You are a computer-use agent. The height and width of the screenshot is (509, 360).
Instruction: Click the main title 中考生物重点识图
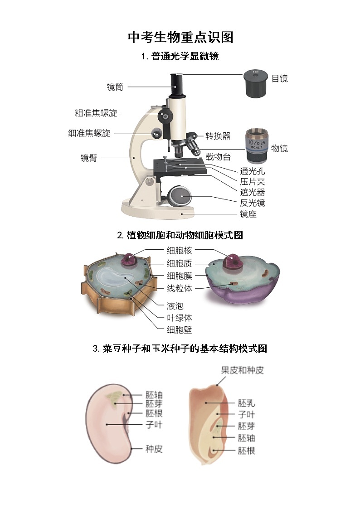(x=180, y=37)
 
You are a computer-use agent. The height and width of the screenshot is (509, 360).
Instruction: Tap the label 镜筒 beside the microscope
(x=115, y=87)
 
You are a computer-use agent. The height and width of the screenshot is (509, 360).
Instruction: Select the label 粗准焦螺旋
(x=96, y=113)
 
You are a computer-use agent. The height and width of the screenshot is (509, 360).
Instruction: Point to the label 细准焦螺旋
(x=89, y=133)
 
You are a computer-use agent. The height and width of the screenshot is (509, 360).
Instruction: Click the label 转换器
(x=218, y=136)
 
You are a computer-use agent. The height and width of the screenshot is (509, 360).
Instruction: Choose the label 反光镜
(x=252, y=203)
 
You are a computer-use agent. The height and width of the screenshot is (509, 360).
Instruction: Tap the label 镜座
(x=248, y=214)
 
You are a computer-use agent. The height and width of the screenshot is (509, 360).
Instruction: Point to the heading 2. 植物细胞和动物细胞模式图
(x=180, y=235)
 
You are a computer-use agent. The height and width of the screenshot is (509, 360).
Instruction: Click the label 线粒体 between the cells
(x=179, y=288)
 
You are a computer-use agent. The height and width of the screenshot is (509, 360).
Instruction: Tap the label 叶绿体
(x=179, y=318)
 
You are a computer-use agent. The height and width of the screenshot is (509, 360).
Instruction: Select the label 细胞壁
(x=179, y=330)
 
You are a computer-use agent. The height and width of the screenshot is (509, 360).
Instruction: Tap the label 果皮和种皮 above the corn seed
(x=242, y=370)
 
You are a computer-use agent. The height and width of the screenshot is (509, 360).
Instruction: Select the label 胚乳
(x=246, y=402)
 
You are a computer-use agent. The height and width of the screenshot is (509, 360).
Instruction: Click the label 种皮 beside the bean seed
(x=154, y=449)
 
